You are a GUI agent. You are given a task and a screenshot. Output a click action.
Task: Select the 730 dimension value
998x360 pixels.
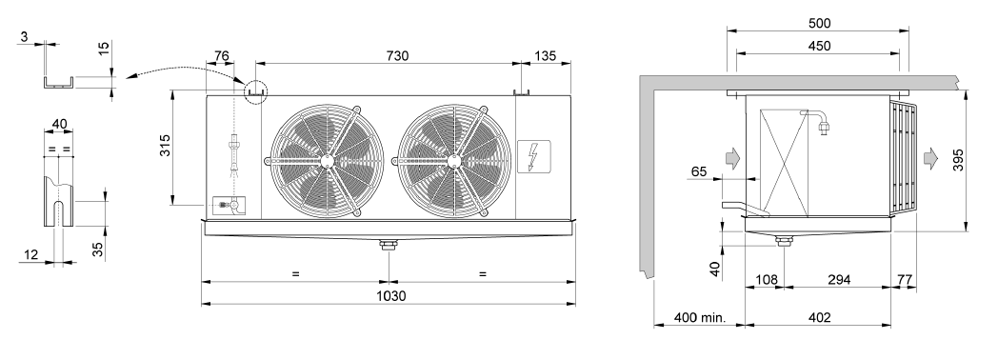pyautogui.click(x=397, y=56)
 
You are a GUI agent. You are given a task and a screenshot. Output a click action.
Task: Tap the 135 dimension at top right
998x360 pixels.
pyautogui.click(x=544, y=56)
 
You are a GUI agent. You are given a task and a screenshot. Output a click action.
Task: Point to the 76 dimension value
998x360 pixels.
pyautogui.click(x=222, y=56)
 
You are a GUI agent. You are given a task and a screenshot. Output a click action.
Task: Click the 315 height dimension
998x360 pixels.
pyautogui.click(x=166, y=147)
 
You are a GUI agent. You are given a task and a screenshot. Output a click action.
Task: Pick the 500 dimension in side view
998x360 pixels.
pyautogui.click(x=820, y=24)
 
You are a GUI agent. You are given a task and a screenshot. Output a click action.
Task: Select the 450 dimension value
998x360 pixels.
pyautogui.click(x=820, y=46)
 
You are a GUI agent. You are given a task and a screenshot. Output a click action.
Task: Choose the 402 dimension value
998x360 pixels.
pyautogui.click(x=820, y=317)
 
